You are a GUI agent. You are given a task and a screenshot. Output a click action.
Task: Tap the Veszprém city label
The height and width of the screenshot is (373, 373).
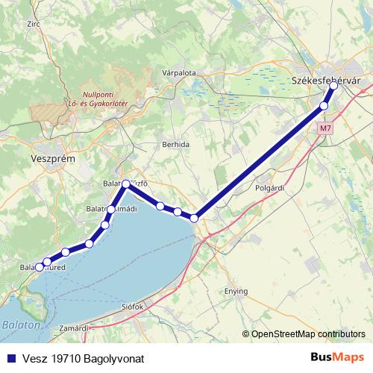click(54, 160)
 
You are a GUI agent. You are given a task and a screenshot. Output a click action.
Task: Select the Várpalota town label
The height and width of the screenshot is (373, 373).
click(178, 73)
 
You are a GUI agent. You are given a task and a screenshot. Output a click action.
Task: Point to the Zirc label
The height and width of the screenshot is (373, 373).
click(32, 24)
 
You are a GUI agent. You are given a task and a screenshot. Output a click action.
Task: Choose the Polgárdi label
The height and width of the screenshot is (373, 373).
click(270, 188)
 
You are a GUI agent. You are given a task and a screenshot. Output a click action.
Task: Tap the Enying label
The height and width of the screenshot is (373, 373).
click(236, 291)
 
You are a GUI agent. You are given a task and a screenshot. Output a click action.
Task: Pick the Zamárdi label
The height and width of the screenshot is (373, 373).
click(75, 327)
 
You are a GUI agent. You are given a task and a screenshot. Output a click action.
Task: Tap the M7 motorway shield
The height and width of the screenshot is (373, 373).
click(325, 128)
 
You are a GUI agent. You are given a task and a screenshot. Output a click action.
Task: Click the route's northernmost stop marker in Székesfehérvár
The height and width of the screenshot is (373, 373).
click(333, 86)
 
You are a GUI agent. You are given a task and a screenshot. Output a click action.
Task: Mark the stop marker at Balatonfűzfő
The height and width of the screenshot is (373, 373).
click(126, 184)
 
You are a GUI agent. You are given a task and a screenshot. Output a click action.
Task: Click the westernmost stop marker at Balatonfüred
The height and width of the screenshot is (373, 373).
click(39, 266)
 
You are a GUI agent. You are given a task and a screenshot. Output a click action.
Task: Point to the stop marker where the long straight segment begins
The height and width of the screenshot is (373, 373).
click(194, 218)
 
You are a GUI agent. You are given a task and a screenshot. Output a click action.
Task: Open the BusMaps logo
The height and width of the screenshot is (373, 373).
click(336, 357)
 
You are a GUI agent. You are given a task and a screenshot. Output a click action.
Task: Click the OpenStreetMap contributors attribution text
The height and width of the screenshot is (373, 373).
click(307, 334)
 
